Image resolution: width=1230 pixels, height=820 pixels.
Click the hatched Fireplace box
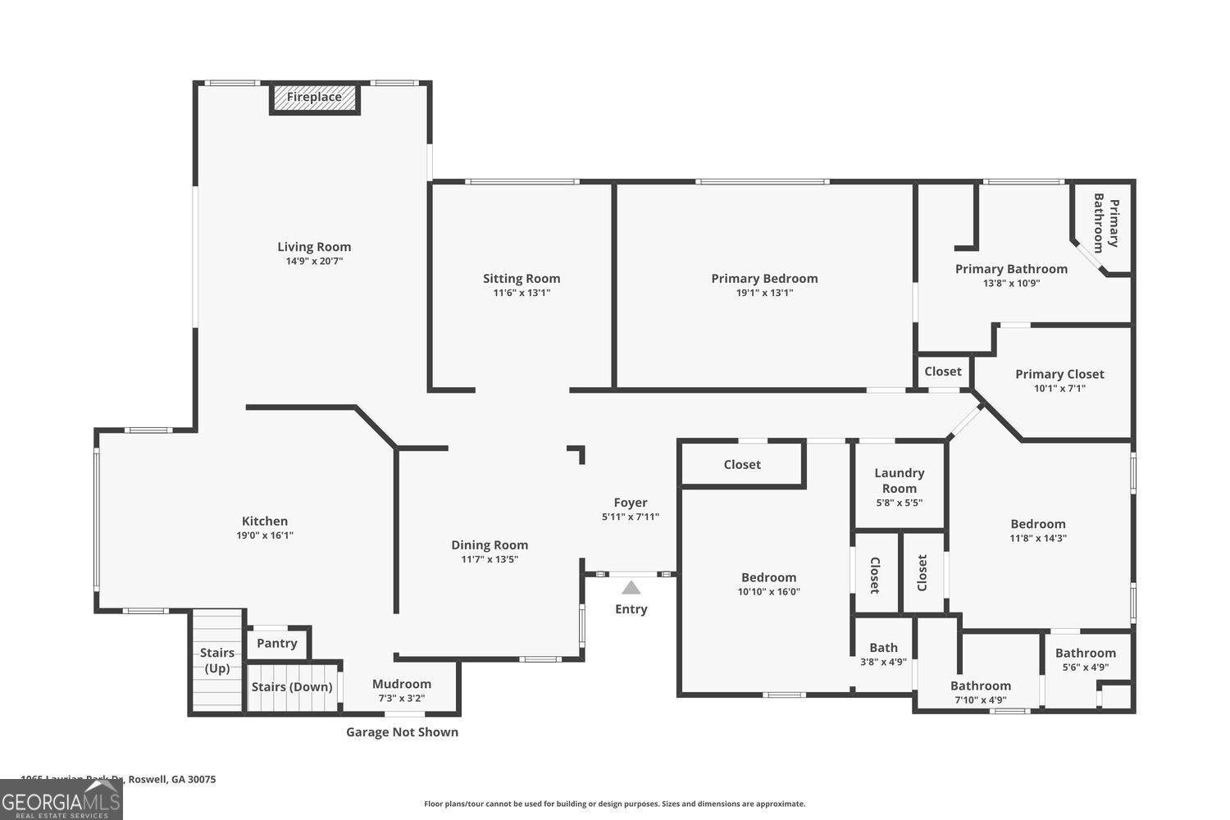[315, 98]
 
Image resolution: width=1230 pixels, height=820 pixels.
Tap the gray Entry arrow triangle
[631, 587]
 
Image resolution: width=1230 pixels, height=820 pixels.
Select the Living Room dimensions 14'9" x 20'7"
[314, 262]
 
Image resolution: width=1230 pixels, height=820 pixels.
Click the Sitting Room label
[522, 279]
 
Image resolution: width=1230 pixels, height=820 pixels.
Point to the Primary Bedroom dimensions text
[764, 293]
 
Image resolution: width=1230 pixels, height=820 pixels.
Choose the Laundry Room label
[899, 481]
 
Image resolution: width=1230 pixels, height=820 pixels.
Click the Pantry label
[276, 643]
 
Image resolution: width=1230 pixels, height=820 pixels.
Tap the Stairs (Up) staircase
[217, 661]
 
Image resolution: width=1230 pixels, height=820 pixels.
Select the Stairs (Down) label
[292, 687]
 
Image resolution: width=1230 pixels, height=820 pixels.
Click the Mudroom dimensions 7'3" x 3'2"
[402, 699]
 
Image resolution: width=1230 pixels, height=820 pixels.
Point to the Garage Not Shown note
[402, 732]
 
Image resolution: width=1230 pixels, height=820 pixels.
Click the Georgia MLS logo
[61, 800]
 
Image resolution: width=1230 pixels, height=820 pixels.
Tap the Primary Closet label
[1059, 374]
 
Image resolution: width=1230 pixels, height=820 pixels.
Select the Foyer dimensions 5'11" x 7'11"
[630, 517]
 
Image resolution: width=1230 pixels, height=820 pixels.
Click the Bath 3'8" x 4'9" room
[883, 654]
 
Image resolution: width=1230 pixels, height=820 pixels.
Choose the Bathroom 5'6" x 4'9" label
[1085, 653]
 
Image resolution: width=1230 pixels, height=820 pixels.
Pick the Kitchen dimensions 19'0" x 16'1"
[265, 535]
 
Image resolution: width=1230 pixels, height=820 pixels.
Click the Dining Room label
[490, 545]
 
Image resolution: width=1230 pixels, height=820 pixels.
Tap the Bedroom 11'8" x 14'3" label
[1037, 524]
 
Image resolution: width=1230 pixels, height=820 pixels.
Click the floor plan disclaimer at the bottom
[614, 804]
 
